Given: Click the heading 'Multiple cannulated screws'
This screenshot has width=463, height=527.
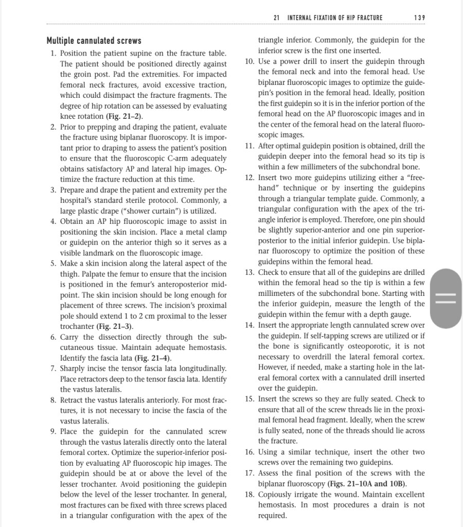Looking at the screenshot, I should (x=94, y=41).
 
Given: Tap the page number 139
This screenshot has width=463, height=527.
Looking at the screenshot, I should (x=419, y=18).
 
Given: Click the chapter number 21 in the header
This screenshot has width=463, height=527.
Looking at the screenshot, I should (x=276, y=18).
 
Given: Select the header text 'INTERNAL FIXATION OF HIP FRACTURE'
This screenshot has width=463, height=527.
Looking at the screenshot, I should (x=335, y=18).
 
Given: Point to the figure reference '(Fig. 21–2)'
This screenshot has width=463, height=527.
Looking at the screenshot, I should (x=124, y=116).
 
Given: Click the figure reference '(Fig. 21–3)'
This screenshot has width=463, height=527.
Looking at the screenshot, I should (x=115, y=327).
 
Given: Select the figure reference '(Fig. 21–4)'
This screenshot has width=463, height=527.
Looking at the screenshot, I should (x=153, y=358).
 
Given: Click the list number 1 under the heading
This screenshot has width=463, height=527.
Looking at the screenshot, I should (x=53, y=53).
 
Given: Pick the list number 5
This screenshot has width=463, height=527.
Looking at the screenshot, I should (x=53, y=263).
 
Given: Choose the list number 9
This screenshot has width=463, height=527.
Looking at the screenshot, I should (x=53, y=432).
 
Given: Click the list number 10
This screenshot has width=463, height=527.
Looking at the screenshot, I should (x=249, y=61).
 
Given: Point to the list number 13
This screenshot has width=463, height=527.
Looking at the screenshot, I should (x=249, y=272).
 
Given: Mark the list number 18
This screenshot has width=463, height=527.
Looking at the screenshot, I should (x=249, y=494).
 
